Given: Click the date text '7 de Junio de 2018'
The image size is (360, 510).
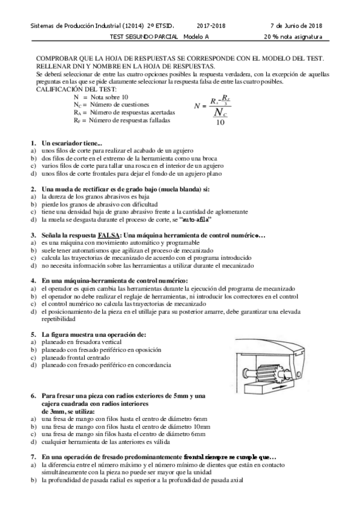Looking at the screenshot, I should coord(296,26).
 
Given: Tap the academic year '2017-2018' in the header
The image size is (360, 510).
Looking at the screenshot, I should coord(211,26).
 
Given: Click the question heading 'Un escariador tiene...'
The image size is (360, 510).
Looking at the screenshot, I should coord(72,143).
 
